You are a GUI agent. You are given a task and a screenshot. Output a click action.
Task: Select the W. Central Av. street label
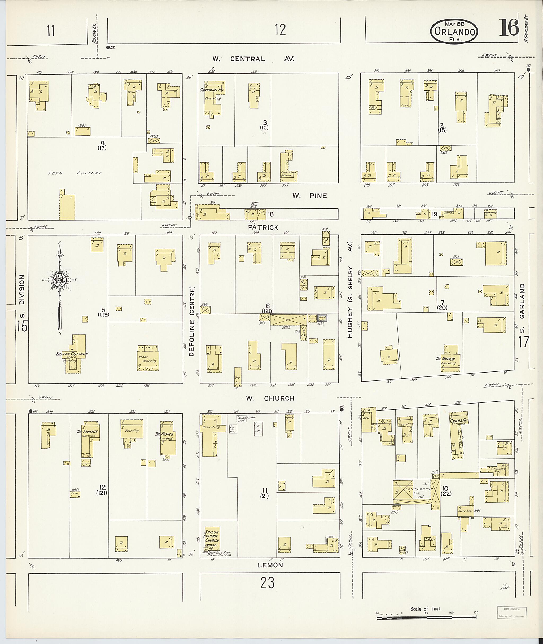253,59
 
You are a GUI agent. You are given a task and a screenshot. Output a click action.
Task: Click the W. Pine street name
309,195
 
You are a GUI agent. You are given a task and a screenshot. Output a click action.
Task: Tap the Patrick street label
263,227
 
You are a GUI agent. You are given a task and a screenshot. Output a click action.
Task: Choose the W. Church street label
270,398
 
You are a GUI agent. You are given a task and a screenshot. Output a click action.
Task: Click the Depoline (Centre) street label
192,321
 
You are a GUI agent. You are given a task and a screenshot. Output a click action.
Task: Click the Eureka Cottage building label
72,354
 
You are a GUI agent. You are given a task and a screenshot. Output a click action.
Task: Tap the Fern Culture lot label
75,173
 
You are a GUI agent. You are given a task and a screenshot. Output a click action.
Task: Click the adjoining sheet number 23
267,582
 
